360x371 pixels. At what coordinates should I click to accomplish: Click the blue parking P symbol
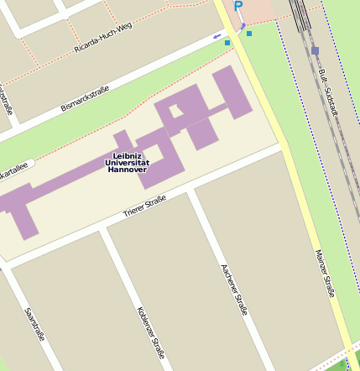point(237,7)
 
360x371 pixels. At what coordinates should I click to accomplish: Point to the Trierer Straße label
point(144,206)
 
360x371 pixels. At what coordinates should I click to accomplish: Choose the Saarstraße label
point(34,323)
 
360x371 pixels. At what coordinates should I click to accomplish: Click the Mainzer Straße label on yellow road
point(325,274)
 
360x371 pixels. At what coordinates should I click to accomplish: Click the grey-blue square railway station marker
point(315,50)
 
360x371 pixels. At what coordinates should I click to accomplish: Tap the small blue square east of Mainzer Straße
point(249,34)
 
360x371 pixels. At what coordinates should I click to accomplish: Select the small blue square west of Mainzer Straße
point(227,42)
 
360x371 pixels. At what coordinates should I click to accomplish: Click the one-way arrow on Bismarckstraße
point(217,36)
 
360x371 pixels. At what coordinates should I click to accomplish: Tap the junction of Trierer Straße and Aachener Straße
point(191,191)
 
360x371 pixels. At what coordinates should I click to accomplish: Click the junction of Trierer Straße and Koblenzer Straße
point(102,228)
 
